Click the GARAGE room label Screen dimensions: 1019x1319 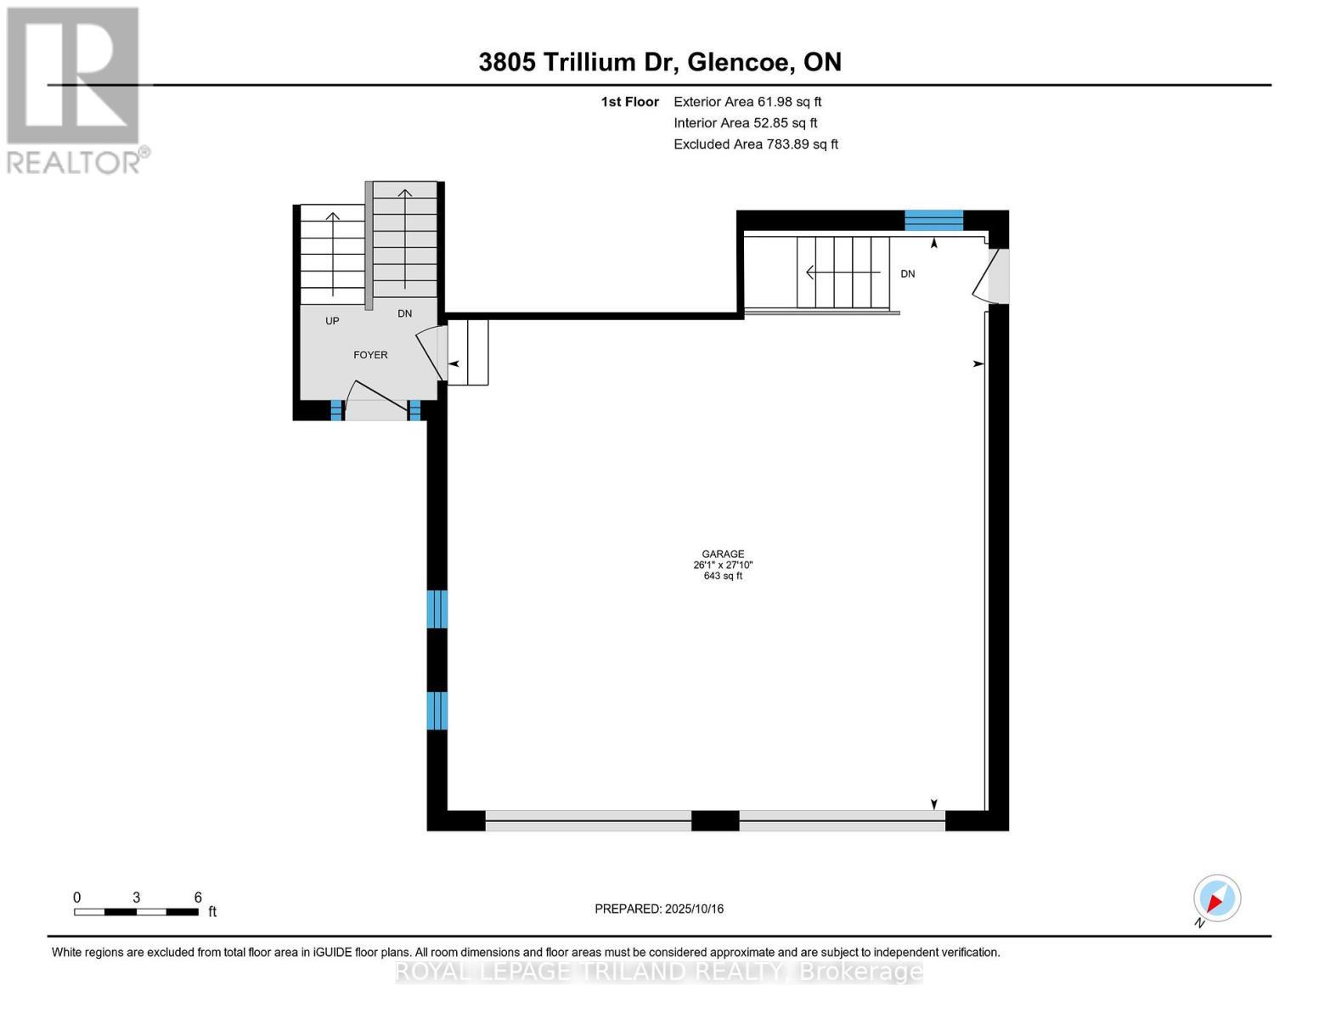coord(723,554)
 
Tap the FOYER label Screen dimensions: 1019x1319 coord(370,355)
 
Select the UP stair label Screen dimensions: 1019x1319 coord(332,321)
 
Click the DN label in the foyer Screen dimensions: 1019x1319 coord(405,313)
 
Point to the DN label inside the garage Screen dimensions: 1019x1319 coord(908,273)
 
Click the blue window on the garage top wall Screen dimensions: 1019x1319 coord(933,221)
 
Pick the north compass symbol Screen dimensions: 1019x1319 coord(1216,898)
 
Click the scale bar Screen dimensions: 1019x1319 coord(136,912)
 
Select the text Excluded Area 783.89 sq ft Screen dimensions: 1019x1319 coord(756,144)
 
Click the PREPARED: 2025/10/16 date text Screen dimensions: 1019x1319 coord(659,909)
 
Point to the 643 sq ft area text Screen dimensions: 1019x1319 coord(723,576)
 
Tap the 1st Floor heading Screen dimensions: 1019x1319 coord(629,102)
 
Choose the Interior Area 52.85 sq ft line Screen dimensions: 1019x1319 coord(745,123)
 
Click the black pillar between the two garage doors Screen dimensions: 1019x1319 coord(715,820)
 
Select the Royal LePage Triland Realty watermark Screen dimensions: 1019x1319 coord(659,971)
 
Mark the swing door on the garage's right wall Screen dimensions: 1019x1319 coord(989,275)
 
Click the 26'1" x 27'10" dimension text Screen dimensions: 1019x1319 coord(723,565)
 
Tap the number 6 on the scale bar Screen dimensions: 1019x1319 coord(198,898)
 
